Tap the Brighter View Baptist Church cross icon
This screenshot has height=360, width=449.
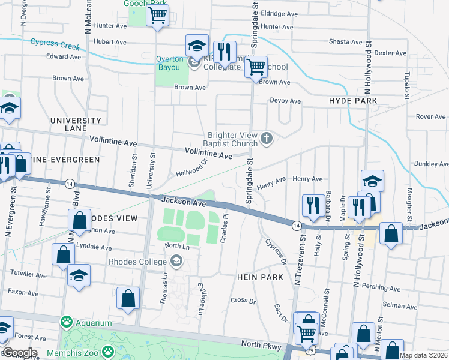click(267, 139)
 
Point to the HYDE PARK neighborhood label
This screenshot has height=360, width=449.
click(353, 101)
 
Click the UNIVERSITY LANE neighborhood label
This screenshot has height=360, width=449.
click(76, 124)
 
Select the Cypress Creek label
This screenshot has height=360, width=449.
click(55, 43)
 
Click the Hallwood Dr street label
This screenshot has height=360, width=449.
click(191, 168)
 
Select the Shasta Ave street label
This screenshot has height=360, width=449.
click(345, 42)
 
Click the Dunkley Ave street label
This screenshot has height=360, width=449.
click(431, 163)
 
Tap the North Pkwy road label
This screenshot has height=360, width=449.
click(260, 344)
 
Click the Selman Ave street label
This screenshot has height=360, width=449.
click(399, 306)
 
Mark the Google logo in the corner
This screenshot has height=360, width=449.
click(19, 353)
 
